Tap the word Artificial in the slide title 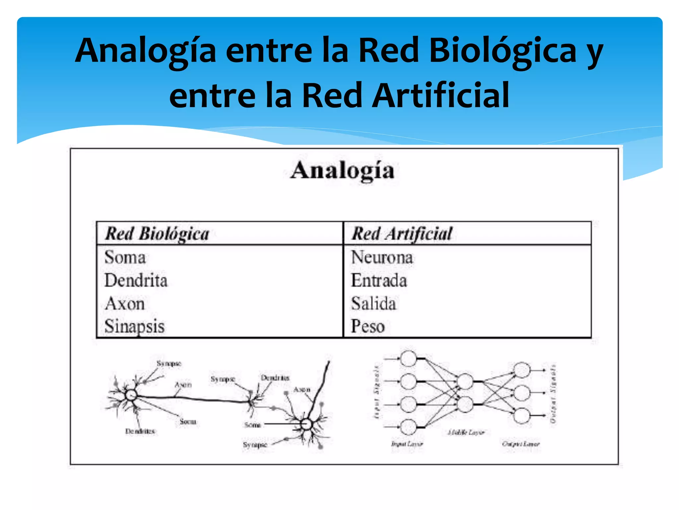(440, 96)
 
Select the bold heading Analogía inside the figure (342, 171)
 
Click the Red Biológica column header (157, 234)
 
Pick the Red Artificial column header (402, 234)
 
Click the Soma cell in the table (125, 257)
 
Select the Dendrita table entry (136, 281)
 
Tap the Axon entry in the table (125, 303)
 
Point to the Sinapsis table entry (135, 326)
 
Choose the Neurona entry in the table (382, 257)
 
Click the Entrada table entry (379, 281)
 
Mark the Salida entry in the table (374, 303)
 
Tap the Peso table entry (368, 326)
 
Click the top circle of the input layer (408, 359)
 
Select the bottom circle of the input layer (408, 427)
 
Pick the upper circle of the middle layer (465, 382)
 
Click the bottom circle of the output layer (522, 416)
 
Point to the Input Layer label (407, 444)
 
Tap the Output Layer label (521, 444)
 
